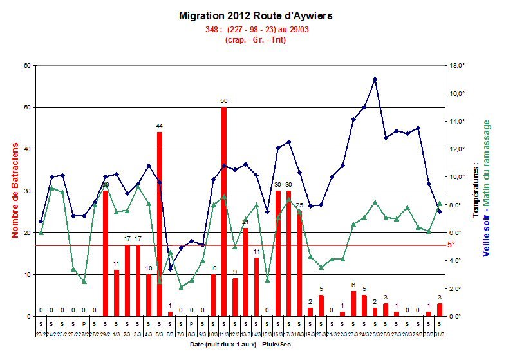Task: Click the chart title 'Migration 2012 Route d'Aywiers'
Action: pos(257,15)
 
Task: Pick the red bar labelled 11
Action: pos(117,293)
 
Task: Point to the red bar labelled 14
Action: pos(256,287)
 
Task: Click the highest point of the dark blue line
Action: pos(375,79)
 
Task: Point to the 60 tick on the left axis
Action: pos(27,65)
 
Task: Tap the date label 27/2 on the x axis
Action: pos(84,334)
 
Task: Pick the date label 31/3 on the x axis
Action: pos(440,334)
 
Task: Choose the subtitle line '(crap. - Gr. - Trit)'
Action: pos(256,40)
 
